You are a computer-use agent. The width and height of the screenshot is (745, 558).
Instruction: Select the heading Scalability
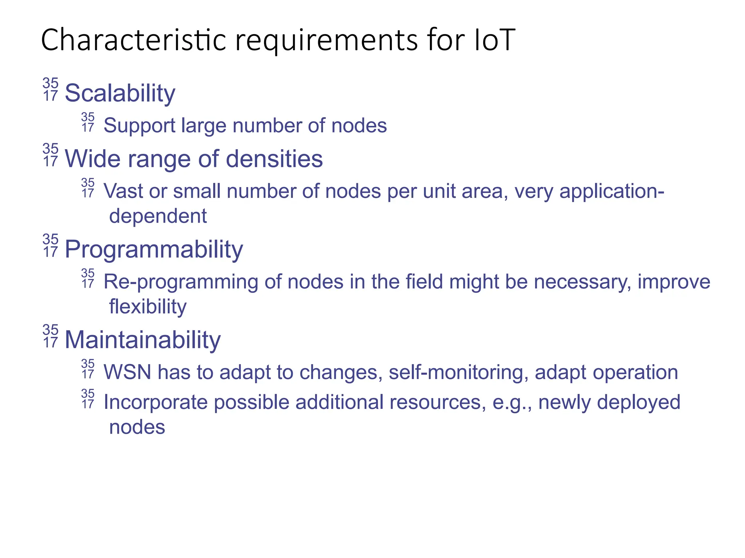tap(120, 93)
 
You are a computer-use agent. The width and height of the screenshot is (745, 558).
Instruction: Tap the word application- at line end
tap(611, 191)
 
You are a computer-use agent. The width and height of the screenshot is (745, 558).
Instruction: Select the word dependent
tap(158, 216)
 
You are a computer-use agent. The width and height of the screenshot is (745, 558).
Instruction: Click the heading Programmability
tap(154, 250)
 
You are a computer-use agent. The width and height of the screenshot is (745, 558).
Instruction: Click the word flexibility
tap(148, 306)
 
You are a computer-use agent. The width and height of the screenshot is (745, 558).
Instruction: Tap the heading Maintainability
tap(142, 340)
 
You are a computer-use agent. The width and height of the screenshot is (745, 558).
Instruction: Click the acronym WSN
tap(127, 372)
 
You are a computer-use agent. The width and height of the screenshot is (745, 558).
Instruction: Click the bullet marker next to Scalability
tap(50, 89)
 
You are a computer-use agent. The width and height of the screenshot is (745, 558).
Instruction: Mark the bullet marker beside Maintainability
tap(50, 336)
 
